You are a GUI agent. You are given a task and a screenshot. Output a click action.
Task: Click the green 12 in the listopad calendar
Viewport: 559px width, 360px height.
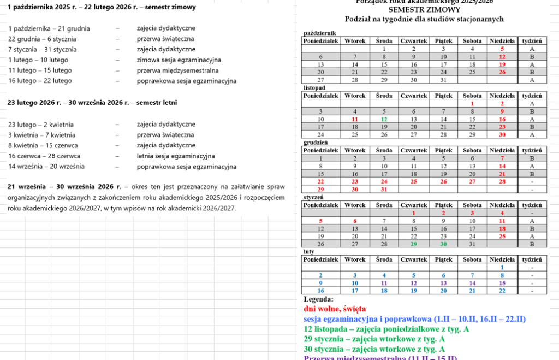(384, 119)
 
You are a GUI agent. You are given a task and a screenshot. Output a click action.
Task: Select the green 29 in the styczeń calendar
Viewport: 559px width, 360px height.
(414, 244)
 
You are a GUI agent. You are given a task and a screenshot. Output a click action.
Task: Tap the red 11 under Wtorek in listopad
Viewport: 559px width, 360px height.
(355, 119)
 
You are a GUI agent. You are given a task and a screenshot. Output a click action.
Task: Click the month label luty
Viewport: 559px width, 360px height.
(309, 251)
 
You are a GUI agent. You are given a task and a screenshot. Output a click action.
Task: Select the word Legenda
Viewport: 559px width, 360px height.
(318, 299)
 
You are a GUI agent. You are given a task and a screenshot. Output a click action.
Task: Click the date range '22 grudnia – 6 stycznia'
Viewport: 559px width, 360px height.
(42, 39)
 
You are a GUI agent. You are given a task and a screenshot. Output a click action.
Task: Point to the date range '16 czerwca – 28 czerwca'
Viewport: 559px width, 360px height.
(44, 156)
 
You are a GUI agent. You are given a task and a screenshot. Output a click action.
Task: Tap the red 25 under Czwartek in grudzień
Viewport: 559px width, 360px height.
(414, 181)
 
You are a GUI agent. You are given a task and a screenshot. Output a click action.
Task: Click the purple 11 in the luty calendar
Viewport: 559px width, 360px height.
(384, 283)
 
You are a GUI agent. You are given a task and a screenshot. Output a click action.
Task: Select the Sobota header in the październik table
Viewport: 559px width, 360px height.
(472, 41)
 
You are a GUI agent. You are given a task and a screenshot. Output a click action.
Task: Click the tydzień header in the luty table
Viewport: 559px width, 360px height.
(532, 259)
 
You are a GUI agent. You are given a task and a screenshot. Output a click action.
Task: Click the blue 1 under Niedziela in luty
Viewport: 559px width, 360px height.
(502, 267)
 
